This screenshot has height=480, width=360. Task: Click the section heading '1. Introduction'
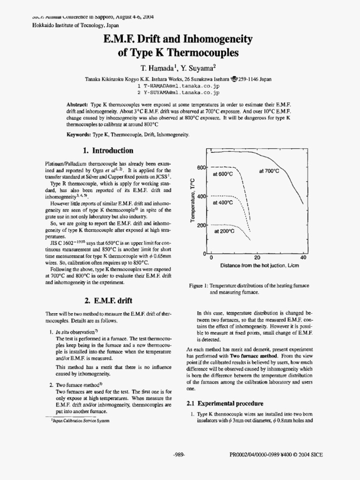click(x=107, y=150)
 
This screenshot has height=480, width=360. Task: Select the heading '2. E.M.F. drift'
click(x=107, y=300)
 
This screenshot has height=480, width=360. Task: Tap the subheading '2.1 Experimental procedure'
click(x=225, y=403)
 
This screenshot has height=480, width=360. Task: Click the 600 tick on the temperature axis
click(x=201, y=168)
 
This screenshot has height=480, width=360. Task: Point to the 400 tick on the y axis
click(x=201, y=196)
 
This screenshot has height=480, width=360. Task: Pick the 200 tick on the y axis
click(x=201, y=225)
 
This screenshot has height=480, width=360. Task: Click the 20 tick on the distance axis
click(x=257, y=258)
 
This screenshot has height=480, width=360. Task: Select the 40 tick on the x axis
click(x=303, y=258)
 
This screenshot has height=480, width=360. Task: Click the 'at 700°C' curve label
click(x=269, y=172)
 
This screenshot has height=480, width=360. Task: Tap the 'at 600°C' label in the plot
click(x=223, y=174)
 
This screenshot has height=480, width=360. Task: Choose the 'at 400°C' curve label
click(x=223, y=202)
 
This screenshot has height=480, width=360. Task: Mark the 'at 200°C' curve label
click(x=224, y=231)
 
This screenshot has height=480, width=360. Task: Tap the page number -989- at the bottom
click(x=180, y=454)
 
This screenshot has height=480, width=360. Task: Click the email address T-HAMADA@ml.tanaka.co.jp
click(x=180, y=86)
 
